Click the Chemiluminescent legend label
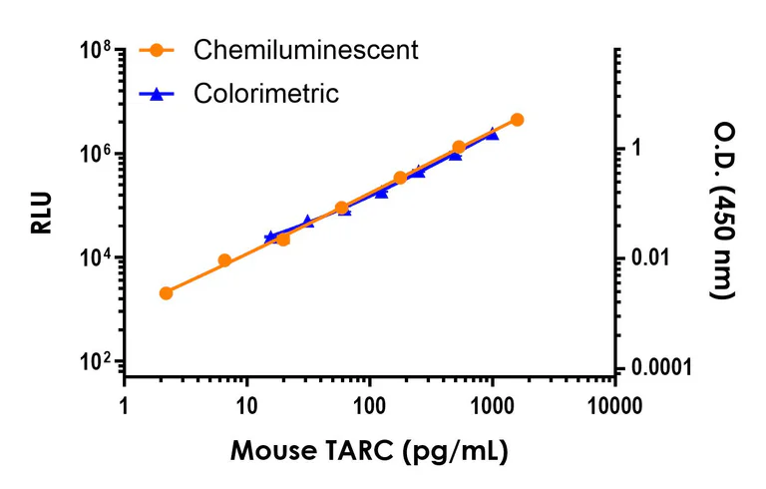click(x=305, y=49)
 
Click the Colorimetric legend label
click(x=266, y=94)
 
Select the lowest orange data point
click(x=166, y=293)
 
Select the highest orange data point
click(x=517, y=120)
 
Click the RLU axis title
click(x=41, y=212)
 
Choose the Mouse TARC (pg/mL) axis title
click(x=370, y=451)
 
